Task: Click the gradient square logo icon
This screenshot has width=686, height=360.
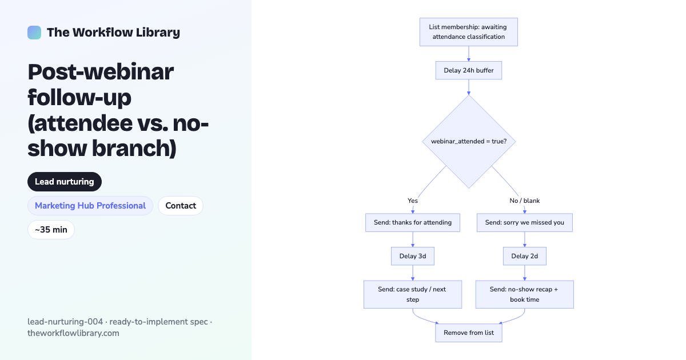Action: pyautogui.click(x=34, y=33)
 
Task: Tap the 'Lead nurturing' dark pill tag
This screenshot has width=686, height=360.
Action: pyautogui.click(x=64, y=182)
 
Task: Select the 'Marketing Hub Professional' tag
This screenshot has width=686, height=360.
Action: pyautogui.click(x=90, y=206)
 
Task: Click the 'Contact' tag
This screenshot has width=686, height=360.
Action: pyautogui.click(x=181, y=206)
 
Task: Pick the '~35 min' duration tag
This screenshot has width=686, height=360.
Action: pyautogui.click(x=51, y=230)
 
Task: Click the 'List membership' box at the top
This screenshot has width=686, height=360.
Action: pyautogui.click(x=469, y=32)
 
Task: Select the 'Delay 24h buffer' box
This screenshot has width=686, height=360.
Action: pyautogui.click(x=469, y=70)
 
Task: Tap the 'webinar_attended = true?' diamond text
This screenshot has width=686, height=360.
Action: pyautogui.click(x=469, y=142)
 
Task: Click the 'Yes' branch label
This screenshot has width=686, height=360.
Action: pyautogui.click(x=413, y=201)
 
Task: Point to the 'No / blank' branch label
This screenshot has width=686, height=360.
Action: pyautogui.click(x=525, y=201)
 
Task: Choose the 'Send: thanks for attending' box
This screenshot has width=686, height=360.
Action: pyautogui.click(x=413, y=222)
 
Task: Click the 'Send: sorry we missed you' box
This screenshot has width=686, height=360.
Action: pyautogui.click(x=525, y=222)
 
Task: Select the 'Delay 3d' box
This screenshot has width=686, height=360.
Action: pyautogui.click(x=413, y=256)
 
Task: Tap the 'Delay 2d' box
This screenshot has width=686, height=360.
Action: pyautogui.click(x=525, y=256)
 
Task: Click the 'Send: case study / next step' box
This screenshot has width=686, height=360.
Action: pyautogui.click(x=413, y=294)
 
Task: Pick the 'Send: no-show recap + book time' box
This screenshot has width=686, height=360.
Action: pyautogui.click(x=525, y=294)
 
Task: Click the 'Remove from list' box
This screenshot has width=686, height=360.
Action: pyautogui.click(x=469, y=333)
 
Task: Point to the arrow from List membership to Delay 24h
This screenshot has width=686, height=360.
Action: pyautogui.click(x=469, y=54)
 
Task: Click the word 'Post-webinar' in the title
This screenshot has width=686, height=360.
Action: pyautogui.click(x=101, y=72)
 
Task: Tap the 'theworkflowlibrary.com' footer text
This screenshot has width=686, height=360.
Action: pyautogui.click(x=73, y=333)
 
